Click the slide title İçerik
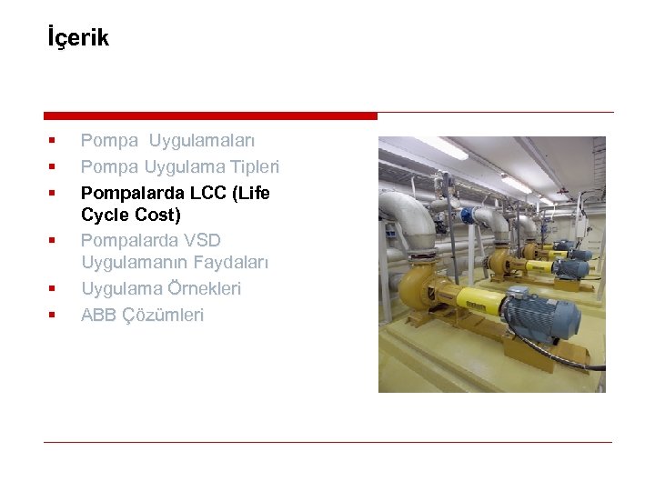[77, 38]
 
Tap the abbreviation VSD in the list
[201, 240]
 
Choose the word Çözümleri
[163, 315]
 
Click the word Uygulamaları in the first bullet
[202, 140]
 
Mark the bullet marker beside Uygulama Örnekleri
[52, 288]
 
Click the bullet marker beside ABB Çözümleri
[52, 315]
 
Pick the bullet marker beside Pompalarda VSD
[52, 240]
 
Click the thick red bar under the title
[210, 115]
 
